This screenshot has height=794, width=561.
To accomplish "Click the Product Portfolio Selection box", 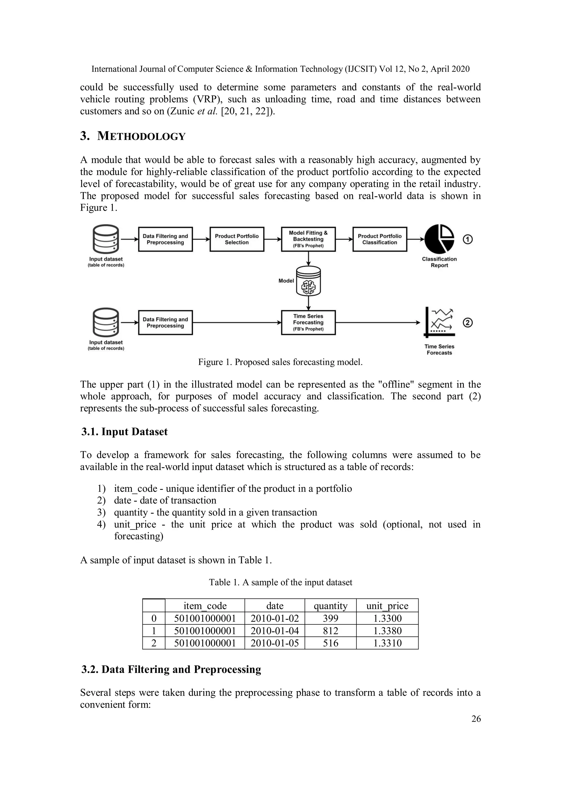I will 237,239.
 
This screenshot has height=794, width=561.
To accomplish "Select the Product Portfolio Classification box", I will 380,239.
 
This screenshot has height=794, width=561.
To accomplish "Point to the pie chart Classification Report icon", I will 439,239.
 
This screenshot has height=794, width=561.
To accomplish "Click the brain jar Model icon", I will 308,281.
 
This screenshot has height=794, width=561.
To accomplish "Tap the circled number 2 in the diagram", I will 467,323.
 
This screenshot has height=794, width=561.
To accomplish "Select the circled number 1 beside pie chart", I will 467,239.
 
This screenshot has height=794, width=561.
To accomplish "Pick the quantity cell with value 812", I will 330,631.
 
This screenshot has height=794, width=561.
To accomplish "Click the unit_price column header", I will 387,606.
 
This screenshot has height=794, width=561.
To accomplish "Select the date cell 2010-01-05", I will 274,643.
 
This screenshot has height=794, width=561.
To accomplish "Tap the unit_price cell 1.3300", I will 387,618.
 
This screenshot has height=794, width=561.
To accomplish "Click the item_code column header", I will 205,606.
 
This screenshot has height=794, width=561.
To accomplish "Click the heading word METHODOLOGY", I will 141,136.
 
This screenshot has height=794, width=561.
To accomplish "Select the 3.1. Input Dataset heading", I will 124,432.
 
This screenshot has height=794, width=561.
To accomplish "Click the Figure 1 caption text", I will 280,362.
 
